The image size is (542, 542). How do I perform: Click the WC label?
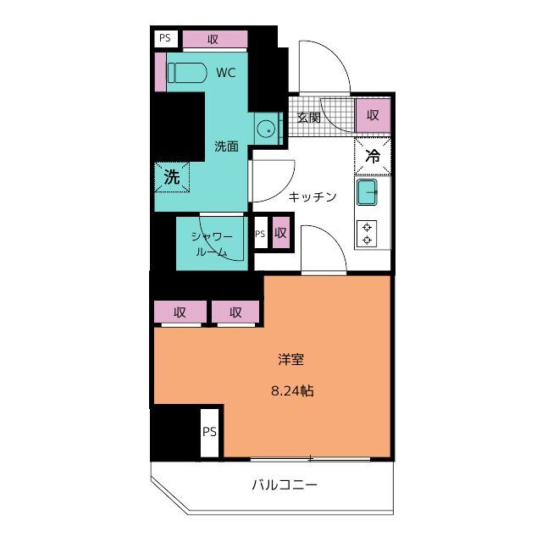(225, 73)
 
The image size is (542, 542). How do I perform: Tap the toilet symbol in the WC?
(186, 73)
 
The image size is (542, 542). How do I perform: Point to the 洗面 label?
(225, 146)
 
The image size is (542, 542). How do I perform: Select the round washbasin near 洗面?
(267, 130)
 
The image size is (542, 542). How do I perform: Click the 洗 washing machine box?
(172, 178)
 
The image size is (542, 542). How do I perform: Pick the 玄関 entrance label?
(308, 118)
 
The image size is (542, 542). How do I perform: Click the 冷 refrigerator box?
(372, 156)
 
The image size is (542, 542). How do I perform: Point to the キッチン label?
(312, 197)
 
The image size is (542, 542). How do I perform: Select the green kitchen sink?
(368, 192)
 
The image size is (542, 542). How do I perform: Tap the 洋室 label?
(291, 360)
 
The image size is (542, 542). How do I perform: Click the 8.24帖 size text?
(290, 392)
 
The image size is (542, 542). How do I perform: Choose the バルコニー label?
(284, 486)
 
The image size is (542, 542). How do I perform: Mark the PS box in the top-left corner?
(164, 38)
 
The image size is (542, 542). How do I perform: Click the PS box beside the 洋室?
(209, 431)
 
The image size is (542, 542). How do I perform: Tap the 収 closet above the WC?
(214, 39)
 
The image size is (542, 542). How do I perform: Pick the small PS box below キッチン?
(260, 234)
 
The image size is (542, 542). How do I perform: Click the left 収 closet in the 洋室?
(180, 312)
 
